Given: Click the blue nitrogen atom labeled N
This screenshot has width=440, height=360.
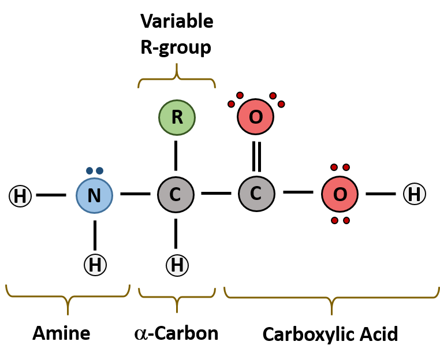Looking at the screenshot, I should (x=94, y=195).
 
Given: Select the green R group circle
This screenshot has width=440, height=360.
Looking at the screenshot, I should (x=177, y=117).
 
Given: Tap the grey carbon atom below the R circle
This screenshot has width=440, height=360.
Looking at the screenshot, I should (x=176, y=195).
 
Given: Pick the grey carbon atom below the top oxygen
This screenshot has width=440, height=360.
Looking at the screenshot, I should (x=256, y=194).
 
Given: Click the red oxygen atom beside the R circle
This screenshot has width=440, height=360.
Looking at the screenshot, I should (x=255, y=117).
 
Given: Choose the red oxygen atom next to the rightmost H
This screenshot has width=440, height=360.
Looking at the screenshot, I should (x=340, y=194).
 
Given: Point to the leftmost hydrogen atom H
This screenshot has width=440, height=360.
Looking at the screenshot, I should (x=20, y=196).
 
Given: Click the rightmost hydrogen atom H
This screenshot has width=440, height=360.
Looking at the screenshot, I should (x=414, y=194).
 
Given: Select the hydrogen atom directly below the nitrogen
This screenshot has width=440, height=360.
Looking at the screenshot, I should (x=95, y=265).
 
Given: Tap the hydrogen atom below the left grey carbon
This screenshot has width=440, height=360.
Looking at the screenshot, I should (x=177, y=265).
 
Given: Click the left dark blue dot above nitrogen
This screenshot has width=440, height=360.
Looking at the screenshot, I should (x=90, y=170).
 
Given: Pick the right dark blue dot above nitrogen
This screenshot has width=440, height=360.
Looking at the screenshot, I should (x=99, y=170).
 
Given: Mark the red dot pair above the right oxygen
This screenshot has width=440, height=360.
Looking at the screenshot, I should (x=340, y=168).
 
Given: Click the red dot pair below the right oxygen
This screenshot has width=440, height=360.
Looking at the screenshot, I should (x=340, y=220).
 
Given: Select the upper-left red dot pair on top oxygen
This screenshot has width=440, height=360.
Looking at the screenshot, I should (x=236, y=99).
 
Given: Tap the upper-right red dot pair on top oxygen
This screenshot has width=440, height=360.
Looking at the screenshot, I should (x=277, y=99).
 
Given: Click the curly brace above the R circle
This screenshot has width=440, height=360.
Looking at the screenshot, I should (x=177, y=78).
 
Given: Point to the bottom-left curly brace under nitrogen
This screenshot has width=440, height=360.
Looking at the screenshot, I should (x=68, y=297).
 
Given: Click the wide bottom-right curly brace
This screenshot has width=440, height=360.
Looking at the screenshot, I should (x=331, y=298).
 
